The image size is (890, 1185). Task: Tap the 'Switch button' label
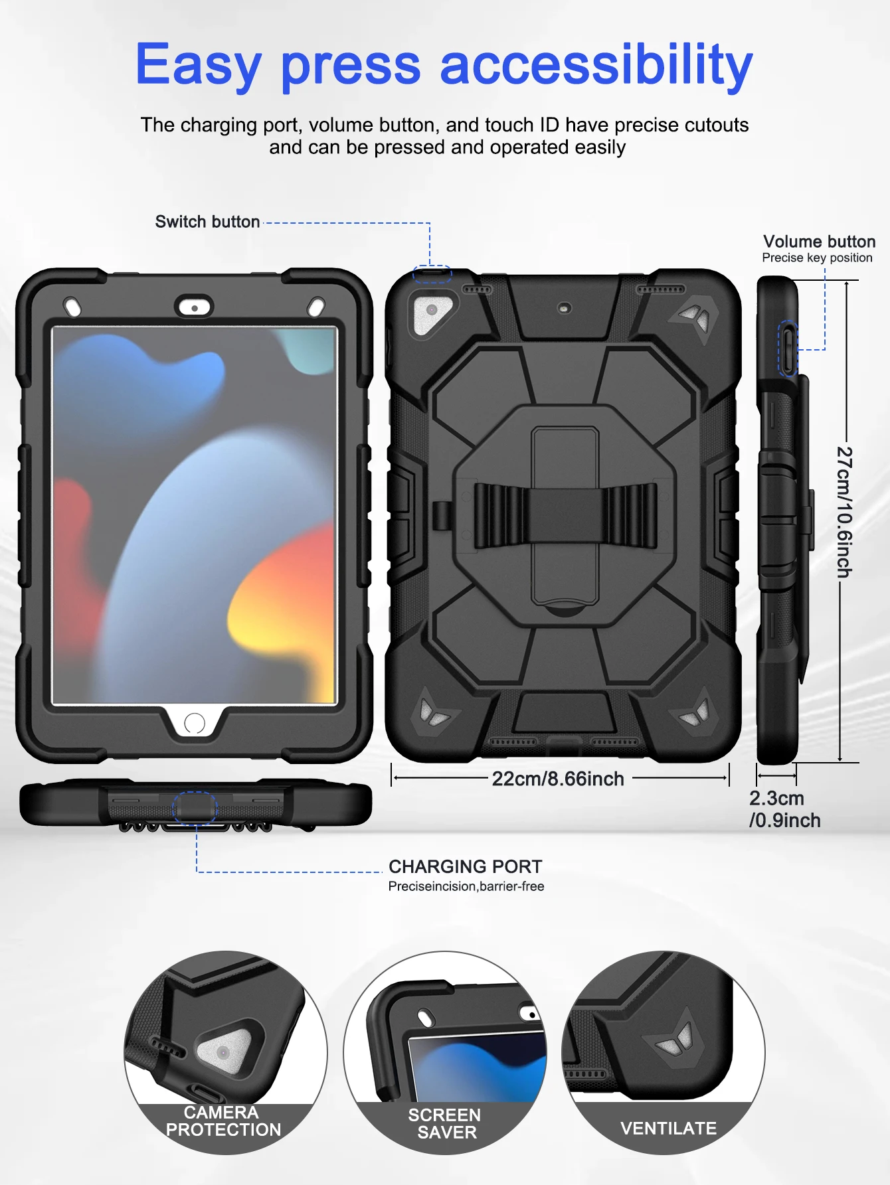tap(207, 222)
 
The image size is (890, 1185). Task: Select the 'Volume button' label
tap(819, 242)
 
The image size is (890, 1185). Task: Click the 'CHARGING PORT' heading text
tap(465, 866)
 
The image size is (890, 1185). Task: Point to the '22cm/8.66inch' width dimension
tap(558, 779)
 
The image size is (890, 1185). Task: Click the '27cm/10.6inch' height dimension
tap(844, 511)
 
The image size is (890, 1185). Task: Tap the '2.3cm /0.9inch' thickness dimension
tap(784, 809)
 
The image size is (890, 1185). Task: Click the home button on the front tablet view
tap(194, 723)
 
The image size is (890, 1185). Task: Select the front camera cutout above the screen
tap(194, 308)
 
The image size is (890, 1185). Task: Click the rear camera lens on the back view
tap(432, 310)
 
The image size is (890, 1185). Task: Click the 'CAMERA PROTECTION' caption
tap(223, 1121)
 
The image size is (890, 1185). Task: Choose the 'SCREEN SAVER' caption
tap(446, 1124)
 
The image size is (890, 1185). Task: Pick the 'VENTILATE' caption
tap(668, 1129)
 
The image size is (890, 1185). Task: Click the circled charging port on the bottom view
tap(195, 807)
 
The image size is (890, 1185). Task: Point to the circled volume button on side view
tap(788, 350)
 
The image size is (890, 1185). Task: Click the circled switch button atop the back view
tap(432, 274)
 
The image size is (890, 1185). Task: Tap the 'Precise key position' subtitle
tap(817, 258)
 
